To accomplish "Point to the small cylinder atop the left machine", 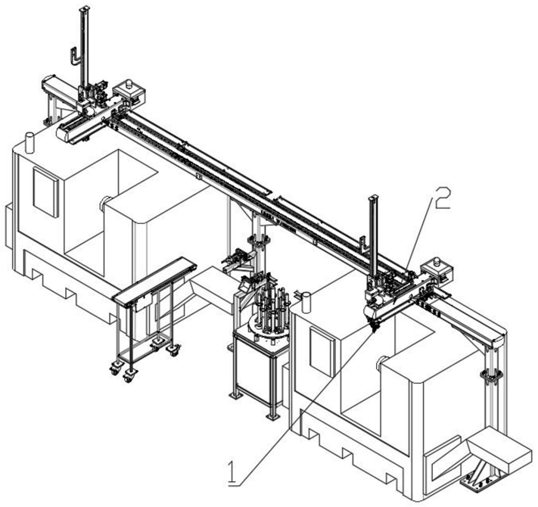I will [30, 142].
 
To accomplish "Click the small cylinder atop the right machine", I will [307, 303].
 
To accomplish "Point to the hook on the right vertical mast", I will [365, 243].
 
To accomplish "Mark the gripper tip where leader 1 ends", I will [372, 327].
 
